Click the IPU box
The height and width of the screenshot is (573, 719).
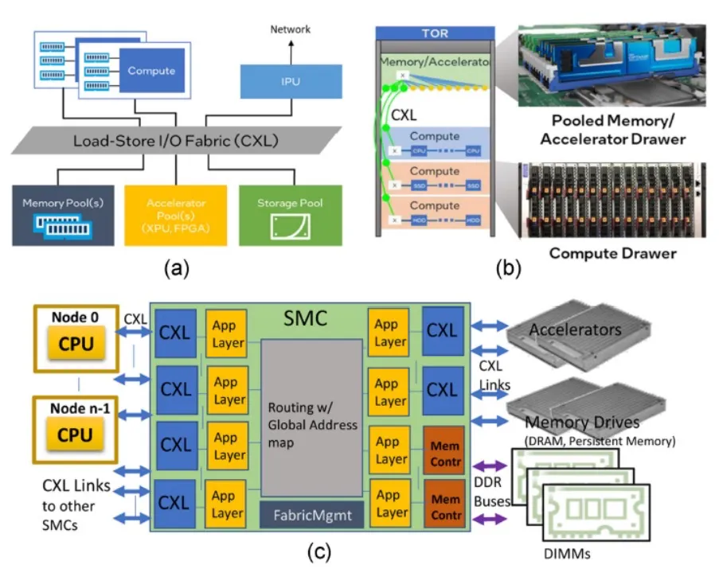[290, 82]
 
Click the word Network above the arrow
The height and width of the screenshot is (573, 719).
[290, 29]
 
